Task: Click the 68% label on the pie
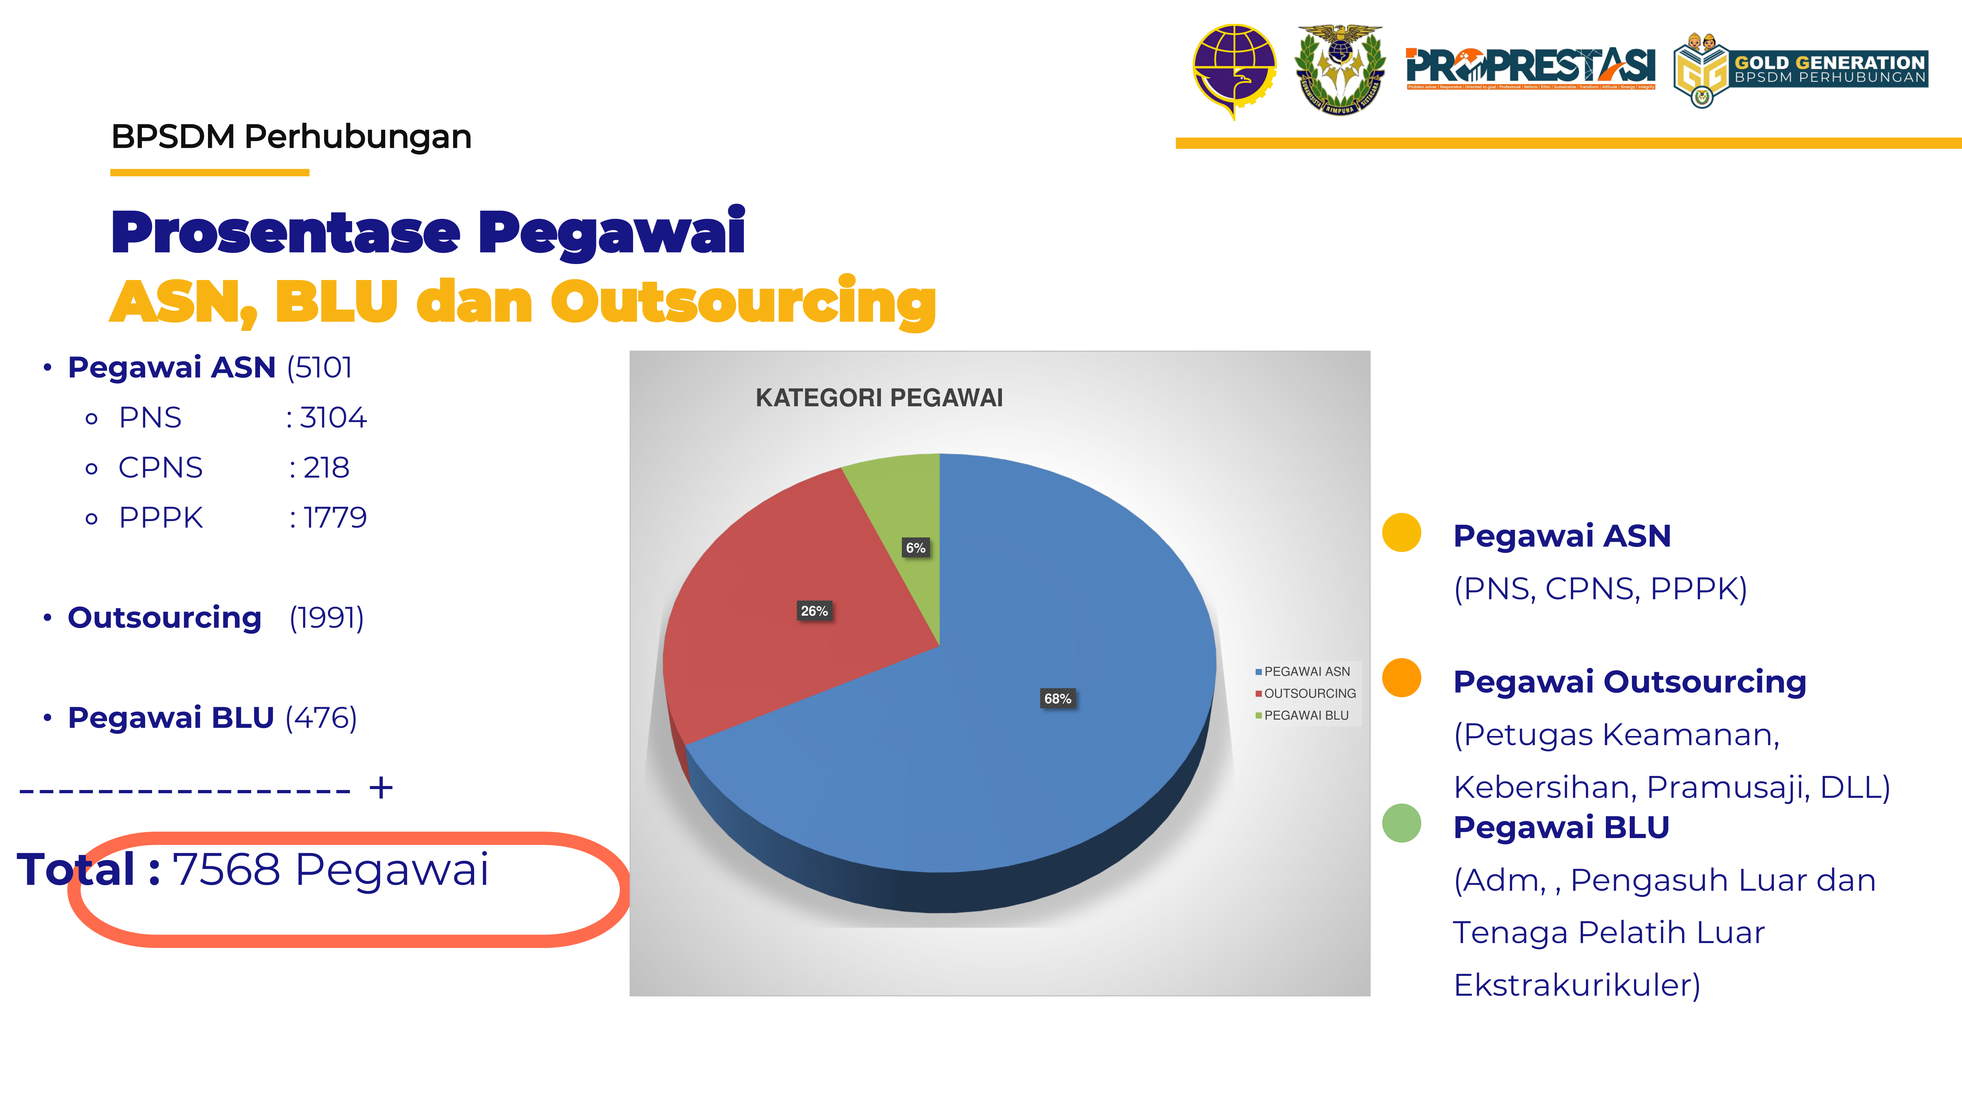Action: click(x=1057, y=699)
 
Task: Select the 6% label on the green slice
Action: click(x=916, y=548)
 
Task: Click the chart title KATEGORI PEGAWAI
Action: click(x=879, y=398)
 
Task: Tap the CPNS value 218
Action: click(x=326, y=468)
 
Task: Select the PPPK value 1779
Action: click(x=335, y=518)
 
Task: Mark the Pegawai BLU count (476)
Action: click(x=321, y=718)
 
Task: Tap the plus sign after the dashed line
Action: click(x=381, y=788)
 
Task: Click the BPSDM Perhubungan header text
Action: click(x=291, y=137)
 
